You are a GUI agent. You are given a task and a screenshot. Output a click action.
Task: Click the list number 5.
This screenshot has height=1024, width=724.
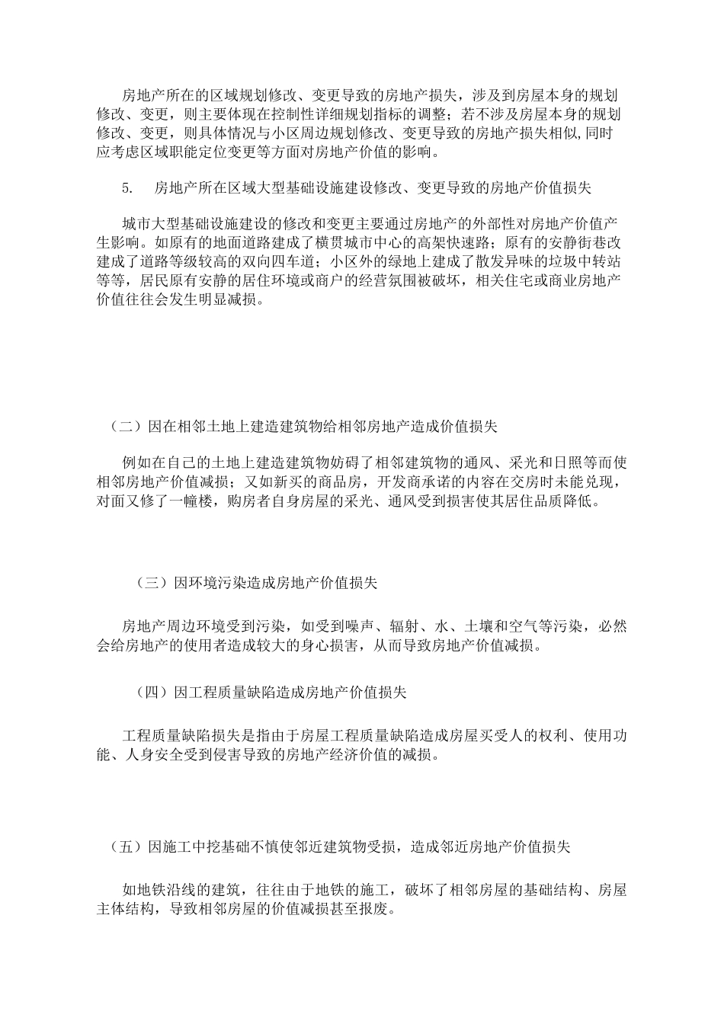point(127,188)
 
